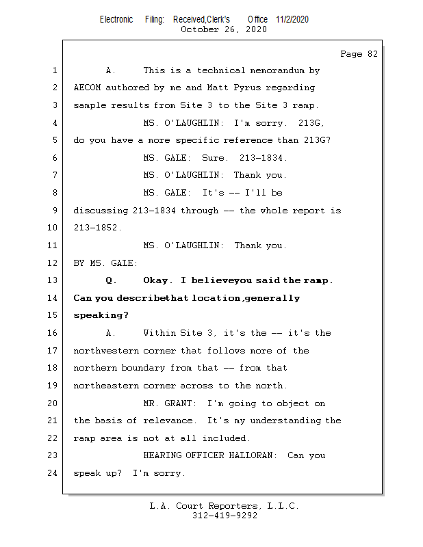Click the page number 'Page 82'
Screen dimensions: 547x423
tap(359, 54)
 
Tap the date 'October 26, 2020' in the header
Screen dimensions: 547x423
tap(224, 29)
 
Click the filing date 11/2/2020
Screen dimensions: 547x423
tap(292, 19)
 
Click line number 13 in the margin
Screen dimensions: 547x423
tap(53, 280)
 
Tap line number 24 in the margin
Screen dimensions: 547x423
tap(53, 473)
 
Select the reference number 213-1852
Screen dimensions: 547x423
tap(97, 228)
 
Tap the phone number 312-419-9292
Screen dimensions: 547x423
tap(225, 516)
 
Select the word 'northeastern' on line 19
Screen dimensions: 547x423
tap(105, 386)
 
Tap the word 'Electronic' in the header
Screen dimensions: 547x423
tap(116, 19)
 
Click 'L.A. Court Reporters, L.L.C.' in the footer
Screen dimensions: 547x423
tap(225, 506)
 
